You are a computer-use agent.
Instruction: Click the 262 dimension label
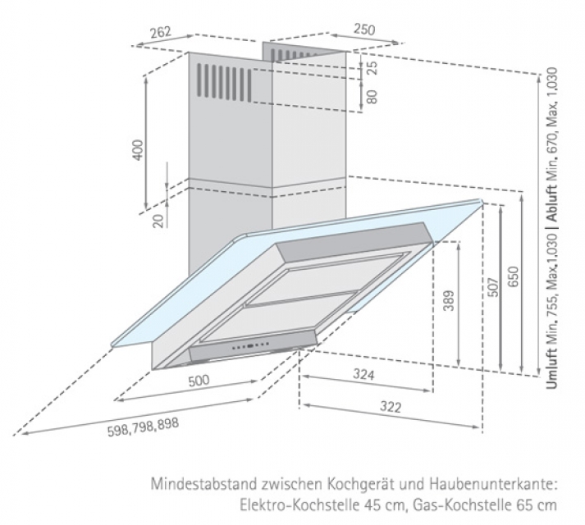[x=161, y=33]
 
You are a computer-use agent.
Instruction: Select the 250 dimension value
[x=363, y=29]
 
